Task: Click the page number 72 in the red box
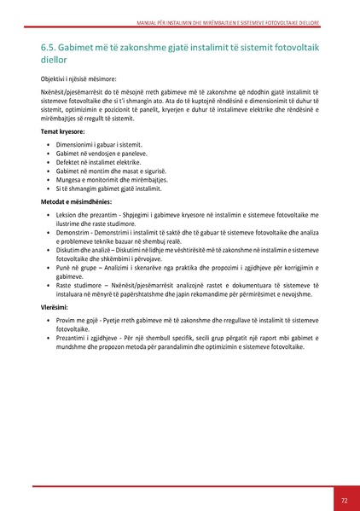[343, 500]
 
